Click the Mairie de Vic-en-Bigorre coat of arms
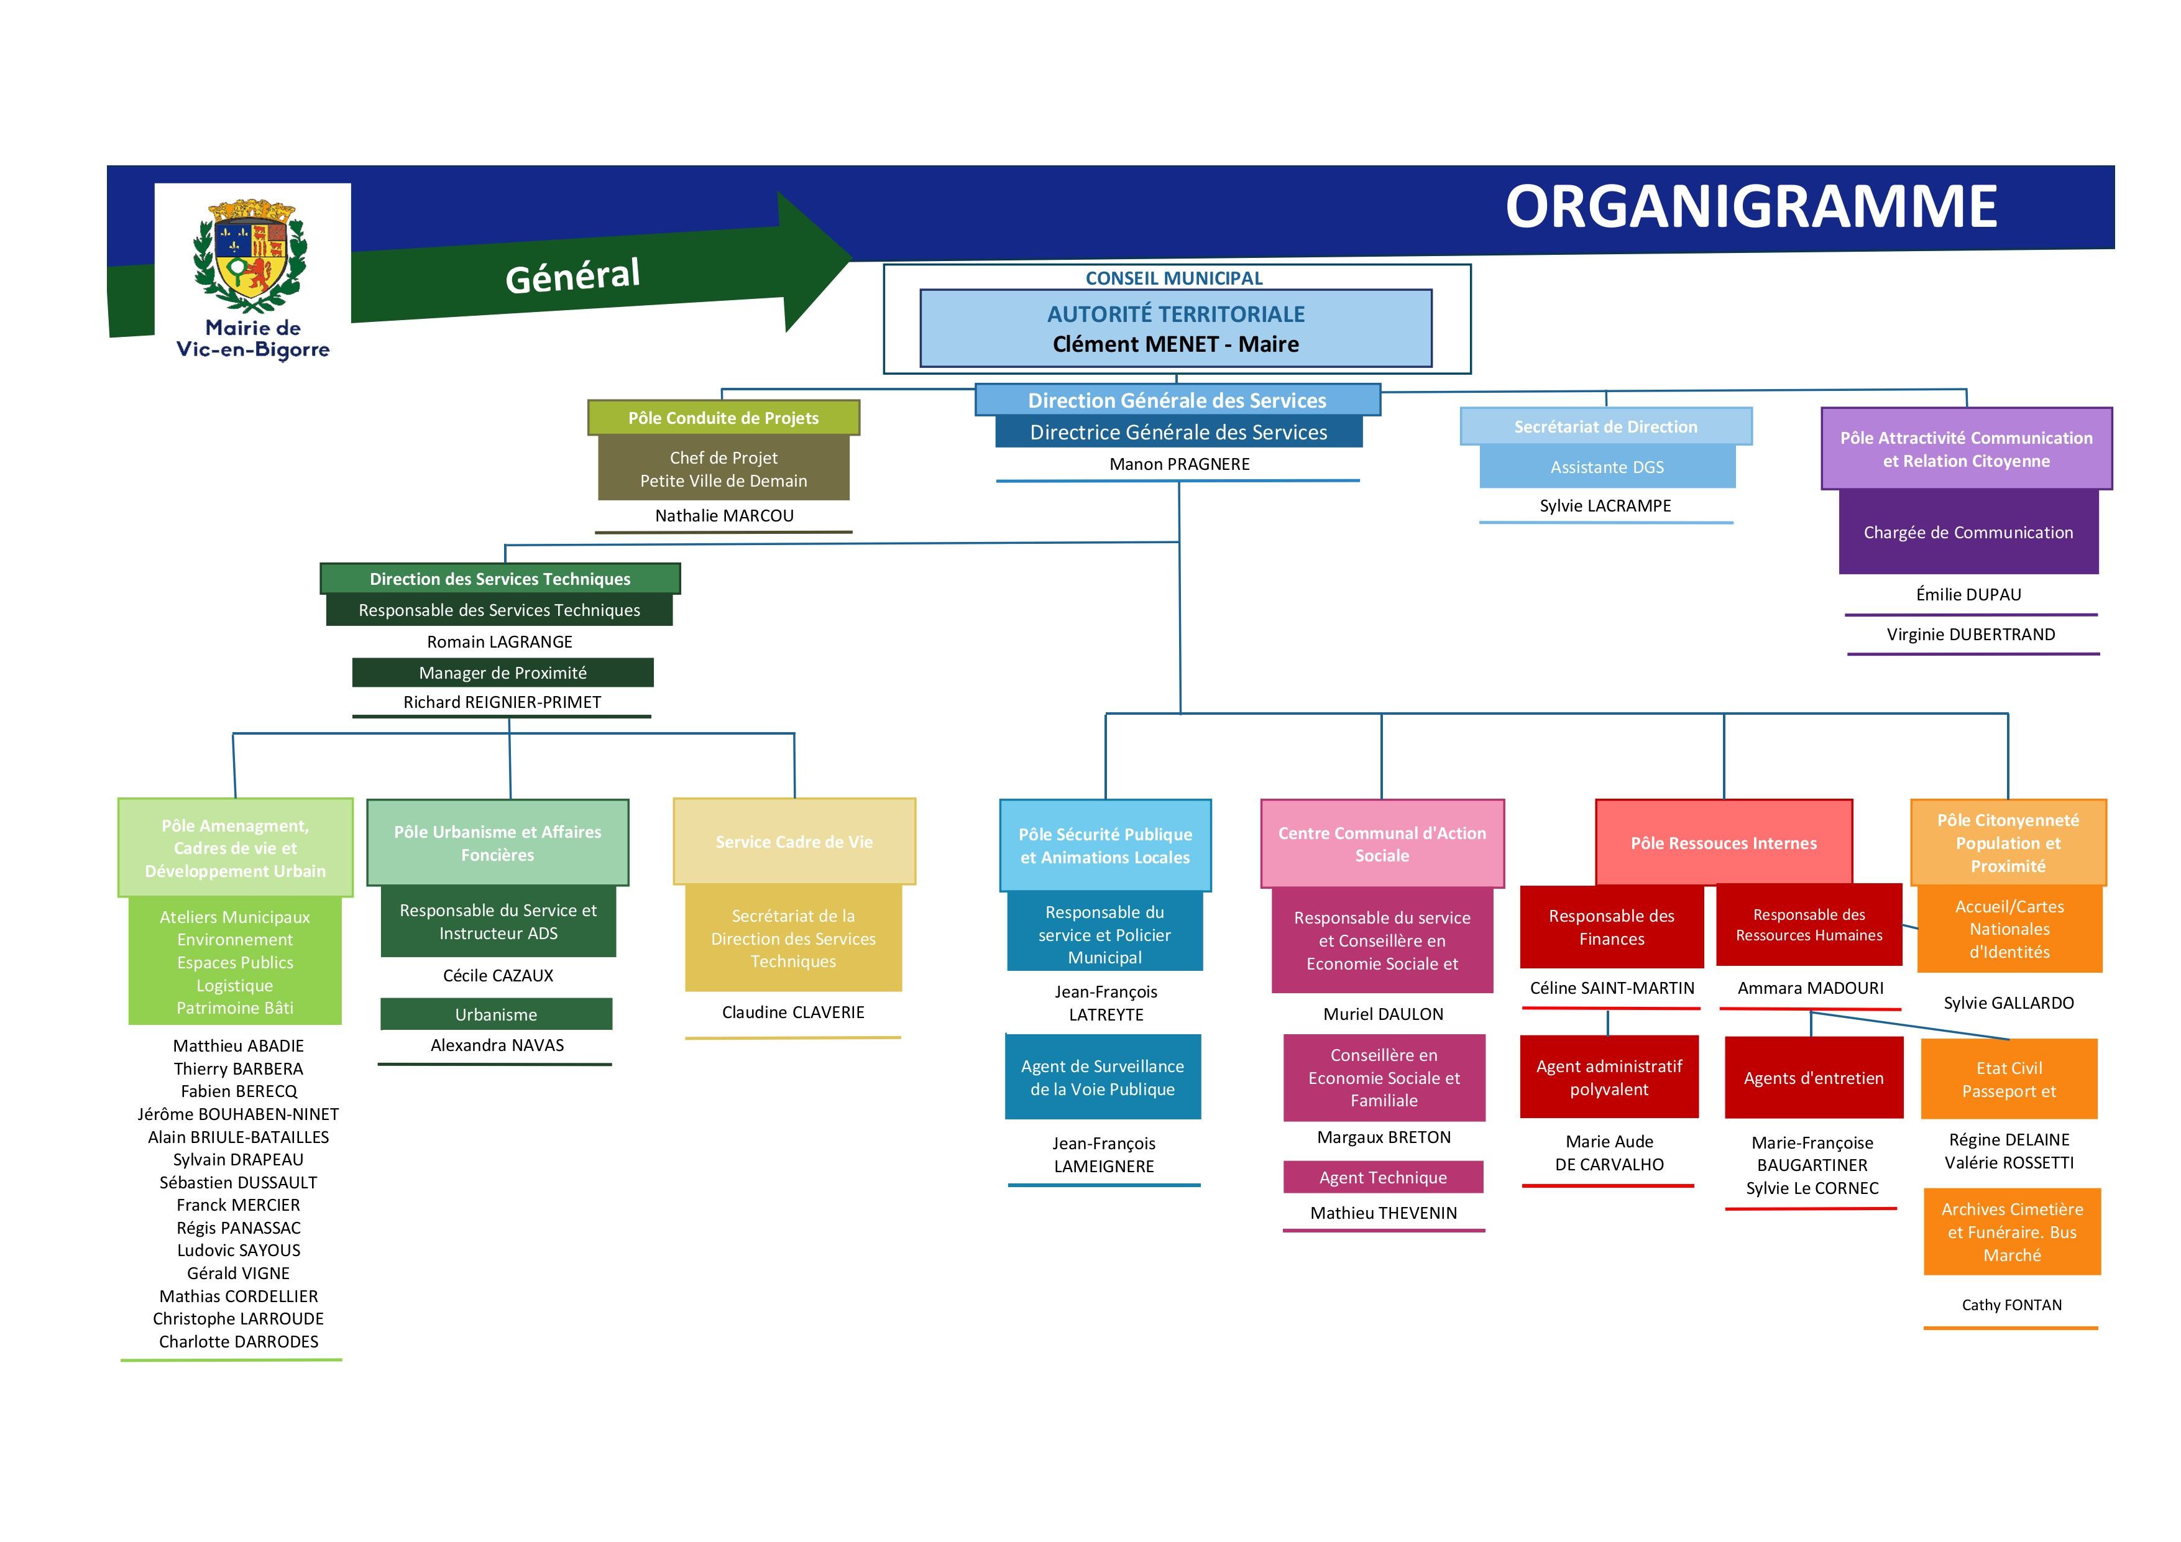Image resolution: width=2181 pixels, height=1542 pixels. [252, 255]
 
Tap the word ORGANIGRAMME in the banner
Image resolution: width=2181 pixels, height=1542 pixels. [1751, 206]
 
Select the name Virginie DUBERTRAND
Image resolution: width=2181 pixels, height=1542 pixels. [1970, 635]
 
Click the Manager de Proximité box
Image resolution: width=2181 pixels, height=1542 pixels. [502, 672]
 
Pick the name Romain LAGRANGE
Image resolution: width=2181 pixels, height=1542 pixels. [500, 641]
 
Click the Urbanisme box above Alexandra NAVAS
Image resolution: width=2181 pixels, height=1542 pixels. [496, 1014]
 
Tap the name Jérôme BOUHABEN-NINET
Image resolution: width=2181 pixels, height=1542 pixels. [237, 1114]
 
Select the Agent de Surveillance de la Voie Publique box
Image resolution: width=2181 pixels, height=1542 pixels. [1102, 1077]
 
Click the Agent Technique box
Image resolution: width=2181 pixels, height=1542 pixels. [1382, 1177]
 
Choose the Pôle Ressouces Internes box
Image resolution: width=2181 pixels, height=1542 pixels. [1723, 843]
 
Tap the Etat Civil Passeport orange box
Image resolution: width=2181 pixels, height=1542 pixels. [2008, 1080]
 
